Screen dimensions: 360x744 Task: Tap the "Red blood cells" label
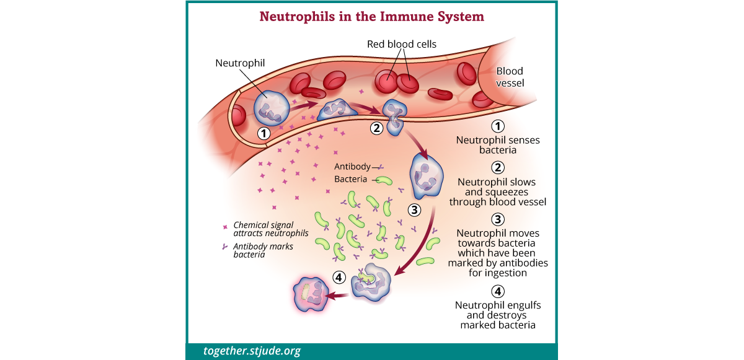point(402,44)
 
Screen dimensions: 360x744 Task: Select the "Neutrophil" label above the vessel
point(240,63)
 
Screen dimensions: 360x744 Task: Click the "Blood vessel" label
point(510,77)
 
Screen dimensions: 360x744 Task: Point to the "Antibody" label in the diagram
point(352,167)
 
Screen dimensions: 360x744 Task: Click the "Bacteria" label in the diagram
point(351,179)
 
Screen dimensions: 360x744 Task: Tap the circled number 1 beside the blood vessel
point(264,133)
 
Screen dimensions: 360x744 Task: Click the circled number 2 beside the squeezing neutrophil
point(376,128)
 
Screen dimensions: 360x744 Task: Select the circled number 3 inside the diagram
point(414,209)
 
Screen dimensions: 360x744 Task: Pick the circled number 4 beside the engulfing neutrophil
point(339,277)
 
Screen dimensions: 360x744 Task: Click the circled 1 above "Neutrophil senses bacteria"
point(498,126)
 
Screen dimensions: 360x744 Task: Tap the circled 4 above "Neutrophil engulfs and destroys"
point(498,291)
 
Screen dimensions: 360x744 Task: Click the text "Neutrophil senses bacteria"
point(498,145)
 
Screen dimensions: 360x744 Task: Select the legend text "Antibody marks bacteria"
point(263,250)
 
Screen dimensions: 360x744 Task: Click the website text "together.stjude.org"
point(252,351)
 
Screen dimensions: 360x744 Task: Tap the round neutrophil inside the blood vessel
point(272,106)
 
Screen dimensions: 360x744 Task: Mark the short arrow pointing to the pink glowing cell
point(337,296)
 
